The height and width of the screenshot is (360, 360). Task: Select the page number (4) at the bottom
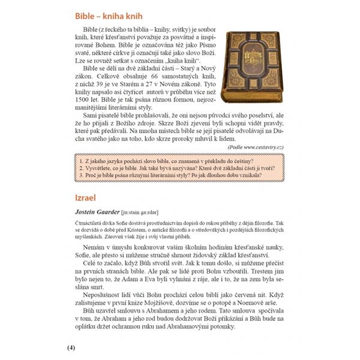71,347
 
